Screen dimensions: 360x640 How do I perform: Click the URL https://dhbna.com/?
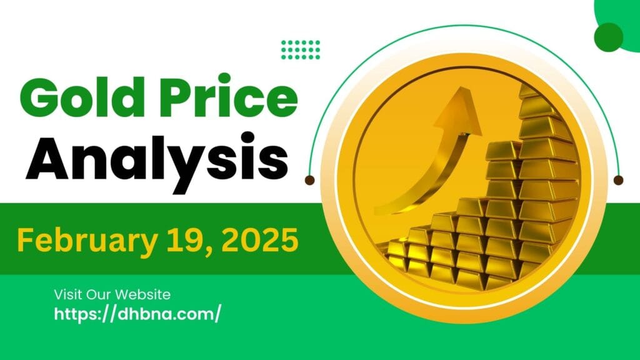137,314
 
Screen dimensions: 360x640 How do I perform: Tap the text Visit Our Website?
112,294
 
